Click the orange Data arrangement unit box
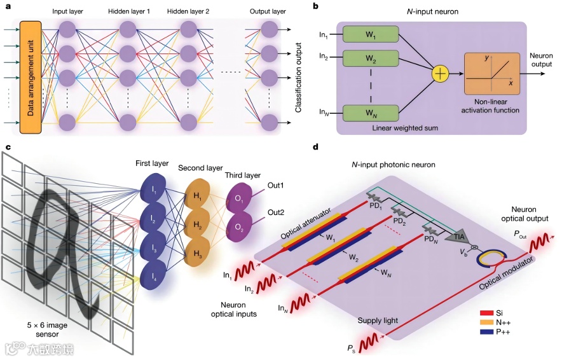click(x=31, y=77)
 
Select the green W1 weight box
click(x=371, y=34)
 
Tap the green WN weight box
click(x=371, y=113)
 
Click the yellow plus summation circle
click(x=440, y=74)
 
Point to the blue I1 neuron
click(x=153, y=191)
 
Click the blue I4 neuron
click(x=153, y=275)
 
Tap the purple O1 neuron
click(x=237, y=198)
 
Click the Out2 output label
click(x=276, y=212)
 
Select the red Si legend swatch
click(x=487, y=313)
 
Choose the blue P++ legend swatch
click(x=487, y=331)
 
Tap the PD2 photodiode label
click(x=399, y=221)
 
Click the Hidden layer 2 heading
click(x=188, y=11)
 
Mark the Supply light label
click(x=378, y=321)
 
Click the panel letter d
click(x=315, y=147)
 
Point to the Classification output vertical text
click(x=298, y=78)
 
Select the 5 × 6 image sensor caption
click(x=47, y=329)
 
